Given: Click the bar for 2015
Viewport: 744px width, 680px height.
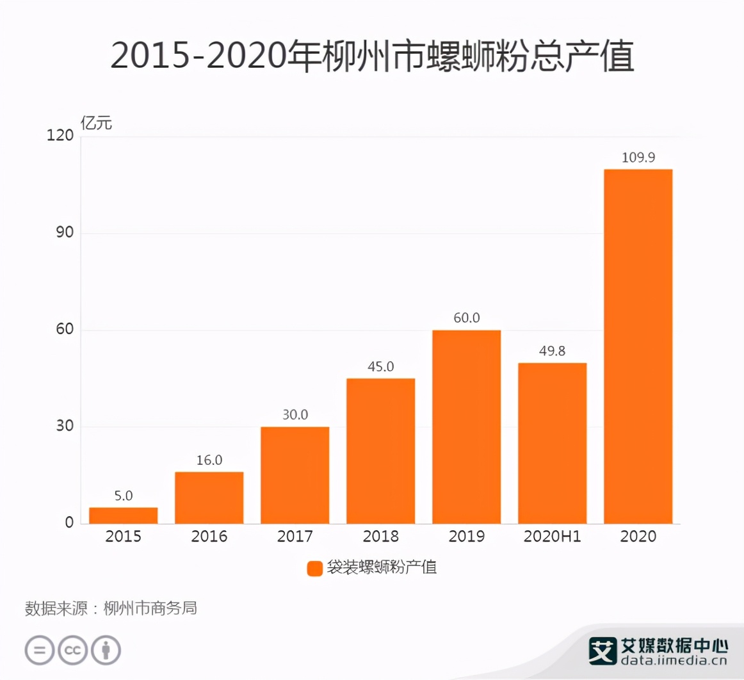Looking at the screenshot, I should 123,515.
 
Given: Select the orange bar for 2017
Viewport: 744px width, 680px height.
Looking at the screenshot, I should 295,475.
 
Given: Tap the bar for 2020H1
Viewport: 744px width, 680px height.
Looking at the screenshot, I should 552,443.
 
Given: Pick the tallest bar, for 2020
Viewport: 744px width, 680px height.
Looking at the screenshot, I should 638,346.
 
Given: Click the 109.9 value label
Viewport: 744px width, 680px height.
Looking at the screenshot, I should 638,158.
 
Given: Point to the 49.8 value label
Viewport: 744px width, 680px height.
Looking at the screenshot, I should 552,352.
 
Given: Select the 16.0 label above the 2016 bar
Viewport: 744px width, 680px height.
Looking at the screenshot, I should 209,460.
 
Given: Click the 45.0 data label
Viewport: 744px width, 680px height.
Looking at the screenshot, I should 380,367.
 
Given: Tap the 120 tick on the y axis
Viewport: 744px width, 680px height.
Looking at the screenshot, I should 61,136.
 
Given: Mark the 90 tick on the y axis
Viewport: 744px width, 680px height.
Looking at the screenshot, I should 65,233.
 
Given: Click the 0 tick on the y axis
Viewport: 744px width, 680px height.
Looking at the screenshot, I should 69,523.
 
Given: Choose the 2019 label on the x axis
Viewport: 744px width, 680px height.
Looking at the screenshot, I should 466,537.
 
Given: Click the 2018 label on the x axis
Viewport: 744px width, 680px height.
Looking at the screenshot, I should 380,537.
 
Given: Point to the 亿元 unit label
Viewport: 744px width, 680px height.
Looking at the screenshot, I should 96,123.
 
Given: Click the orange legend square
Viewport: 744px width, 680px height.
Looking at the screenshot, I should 314,569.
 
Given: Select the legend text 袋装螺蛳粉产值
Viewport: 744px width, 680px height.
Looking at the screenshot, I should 382,568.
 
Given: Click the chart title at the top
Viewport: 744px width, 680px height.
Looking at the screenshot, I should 372,56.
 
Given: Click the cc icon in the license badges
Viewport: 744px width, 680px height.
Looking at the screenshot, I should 72,651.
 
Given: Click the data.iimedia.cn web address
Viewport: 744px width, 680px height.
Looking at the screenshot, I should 674,662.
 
